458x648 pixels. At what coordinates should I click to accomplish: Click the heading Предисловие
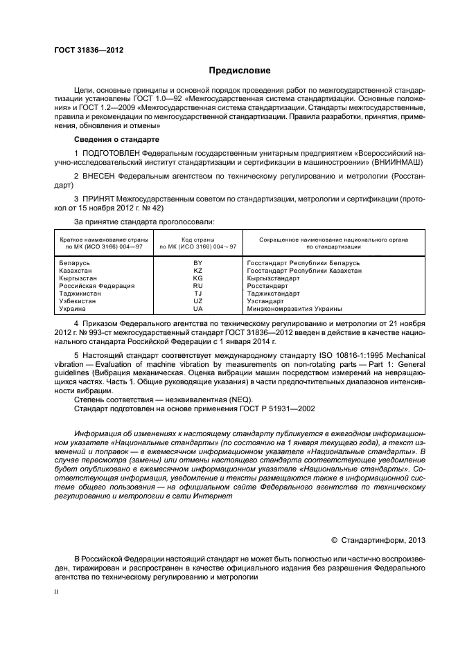point(240,71)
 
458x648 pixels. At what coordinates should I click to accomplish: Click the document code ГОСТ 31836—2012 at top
point(89,49)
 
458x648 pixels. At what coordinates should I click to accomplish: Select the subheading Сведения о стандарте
point(112,139)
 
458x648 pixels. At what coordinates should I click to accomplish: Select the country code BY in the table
point(197,264)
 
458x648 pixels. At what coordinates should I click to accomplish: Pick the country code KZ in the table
point(197,271)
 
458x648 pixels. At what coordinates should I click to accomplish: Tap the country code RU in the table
point(197,286)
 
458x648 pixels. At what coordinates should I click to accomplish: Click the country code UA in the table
point(197,309)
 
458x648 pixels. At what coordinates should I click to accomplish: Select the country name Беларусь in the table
point(75,264)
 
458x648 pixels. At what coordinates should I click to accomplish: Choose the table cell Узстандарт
point(265,301)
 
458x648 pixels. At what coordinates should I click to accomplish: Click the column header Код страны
point(197,238)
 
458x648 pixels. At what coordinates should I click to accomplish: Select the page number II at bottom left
point(57,592)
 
